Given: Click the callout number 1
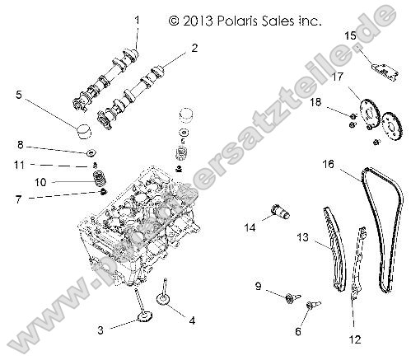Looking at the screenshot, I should (x=137, y=20).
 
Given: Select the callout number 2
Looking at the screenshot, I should (x=194, y=48).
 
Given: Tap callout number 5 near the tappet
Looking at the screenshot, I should (x=19, y=96).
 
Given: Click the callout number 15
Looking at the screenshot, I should (x=349, y=35).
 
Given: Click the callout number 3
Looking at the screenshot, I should (x=100, y=330).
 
